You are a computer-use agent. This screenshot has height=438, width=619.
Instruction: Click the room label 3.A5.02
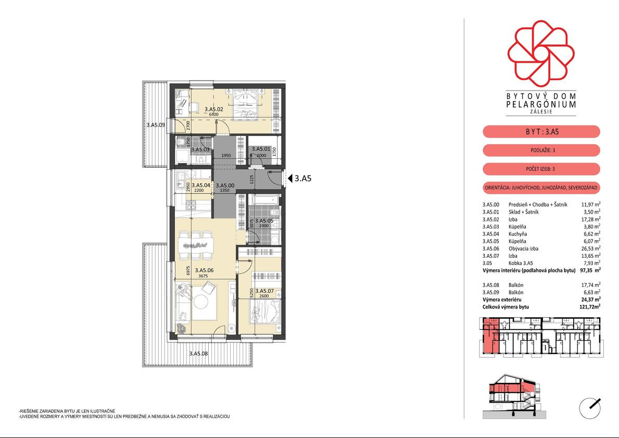click(213, 109)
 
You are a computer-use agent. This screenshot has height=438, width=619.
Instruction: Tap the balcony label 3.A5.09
click(156, 125)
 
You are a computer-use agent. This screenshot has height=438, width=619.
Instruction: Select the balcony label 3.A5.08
click(198, 354)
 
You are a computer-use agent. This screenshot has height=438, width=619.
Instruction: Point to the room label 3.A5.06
click(204, 270)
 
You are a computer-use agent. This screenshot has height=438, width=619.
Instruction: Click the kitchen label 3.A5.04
click(201, 185)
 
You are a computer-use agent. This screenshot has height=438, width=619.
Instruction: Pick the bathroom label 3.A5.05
click(264, 221)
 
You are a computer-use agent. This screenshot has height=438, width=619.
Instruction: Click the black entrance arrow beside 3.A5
click(290, 179)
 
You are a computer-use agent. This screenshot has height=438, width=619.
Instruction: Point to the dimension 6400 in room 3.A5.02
click(213, 115)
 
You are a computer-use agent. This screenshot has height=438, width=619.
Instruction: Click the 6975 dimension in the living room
click(188, 270)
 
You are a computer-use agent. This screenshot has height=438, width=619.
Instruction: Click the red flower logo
click(541, 53)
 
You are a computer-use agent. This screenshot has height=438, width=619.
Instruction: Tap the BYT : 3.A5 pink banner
click(541, 132)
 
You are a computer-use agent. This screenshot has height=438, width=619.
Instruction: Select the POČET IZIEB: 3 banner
click(541, 169)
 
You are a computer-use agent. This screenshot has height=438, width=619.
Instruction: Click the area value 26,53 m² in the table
click(590, 248)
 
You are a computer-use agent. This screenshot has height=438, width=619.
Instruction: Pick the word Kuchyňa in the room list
click(517, 234)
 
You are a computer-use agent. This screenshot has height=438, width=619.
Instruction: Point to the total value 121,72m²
click(590, 307)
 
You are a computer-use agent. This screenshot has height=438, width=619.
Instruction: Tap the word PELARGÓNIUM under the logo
click(541, 104)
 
